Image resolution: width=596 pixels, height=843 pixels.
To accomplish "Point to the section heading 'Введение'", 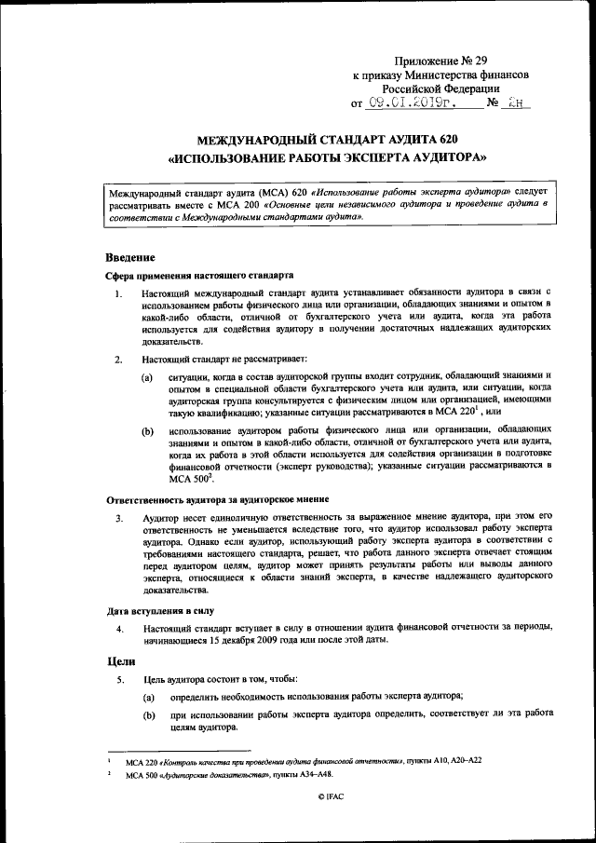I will (129, 257).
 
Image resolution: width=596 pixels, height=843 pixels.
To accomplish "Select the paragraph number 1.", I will (117, 294).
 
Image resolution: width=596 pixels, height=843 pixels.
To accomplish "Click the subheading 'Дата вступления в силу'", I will (159, 611).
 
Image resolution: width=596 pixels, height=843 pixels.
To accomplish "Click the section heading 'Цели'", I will (117, 660).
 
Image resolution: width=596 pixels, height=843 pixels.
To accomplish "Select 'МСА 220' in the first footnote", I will (144, 761).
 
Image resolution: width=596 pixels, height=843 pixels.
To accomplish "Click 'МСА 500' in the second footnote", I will (144, 774).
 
